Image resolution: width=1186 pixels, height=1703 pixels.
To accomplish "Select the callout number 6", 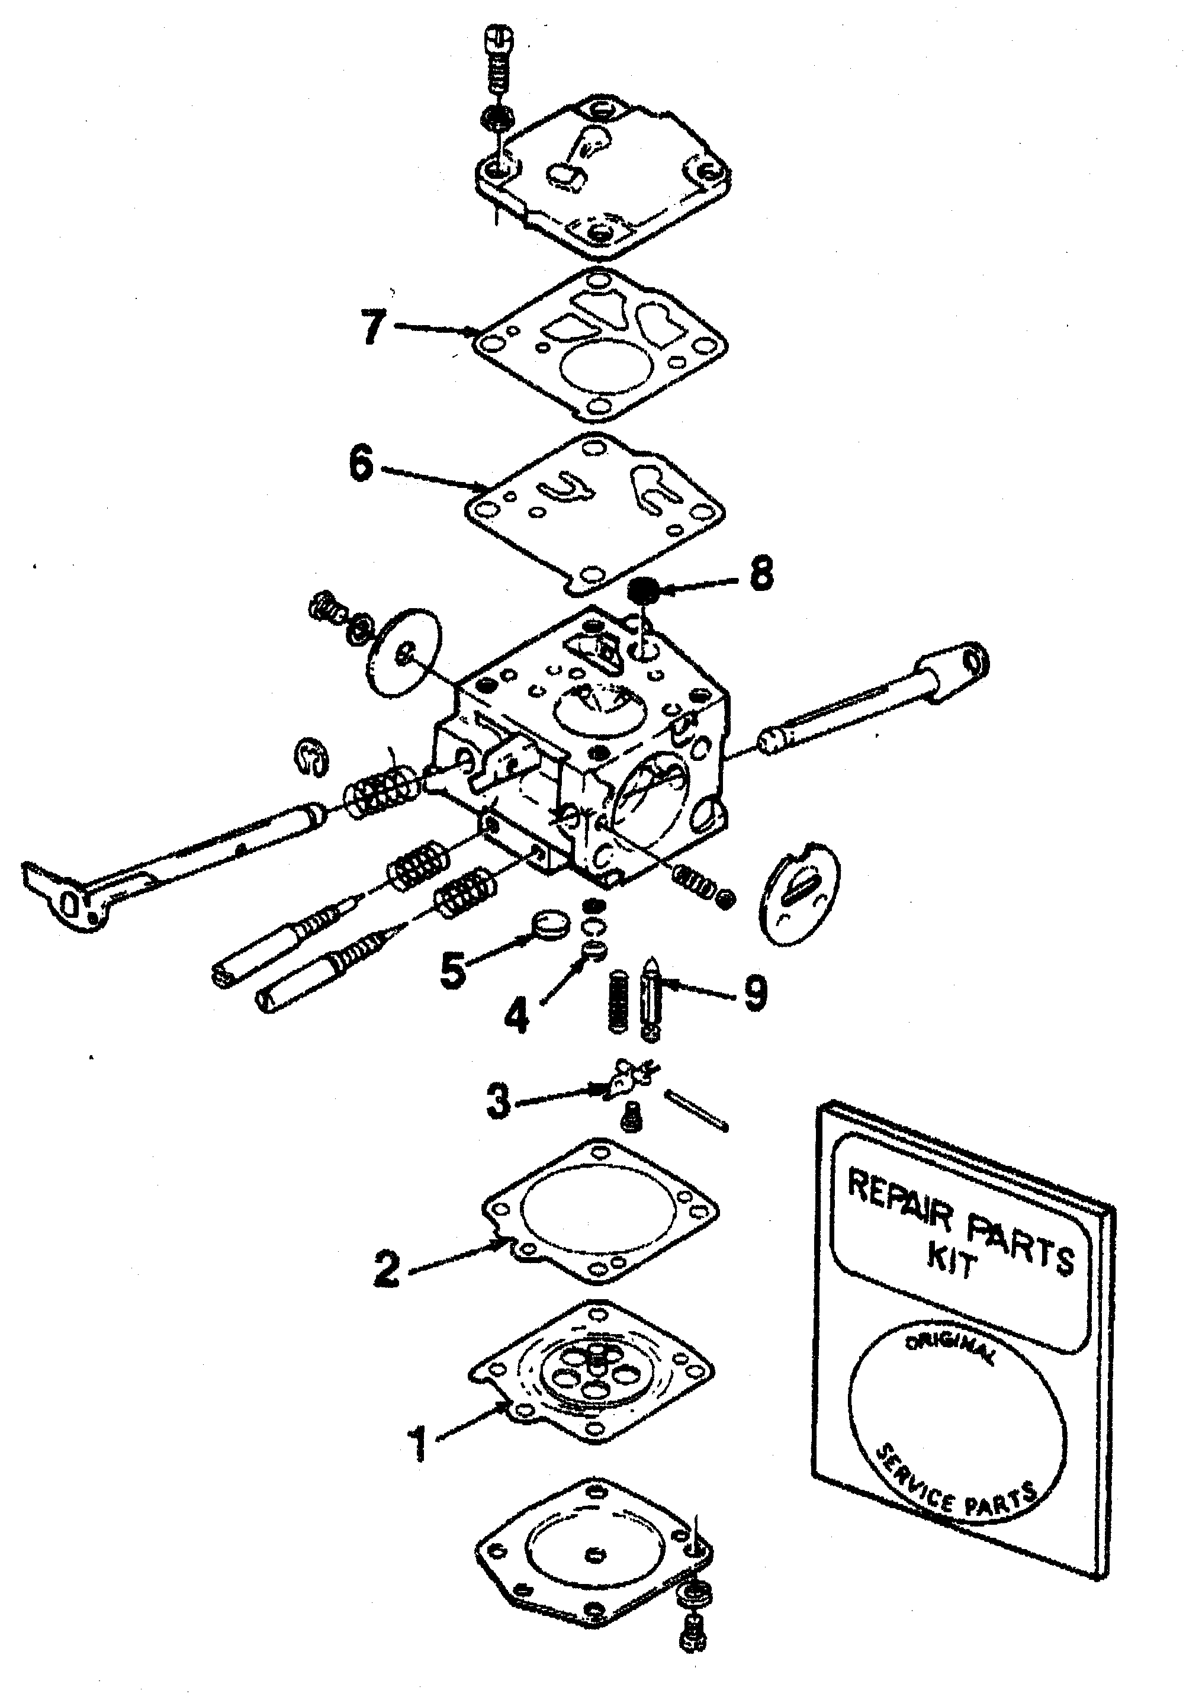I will (361, 466).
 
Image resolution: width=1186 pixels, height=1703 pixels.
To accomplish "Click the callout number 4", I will (516, 1015).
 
